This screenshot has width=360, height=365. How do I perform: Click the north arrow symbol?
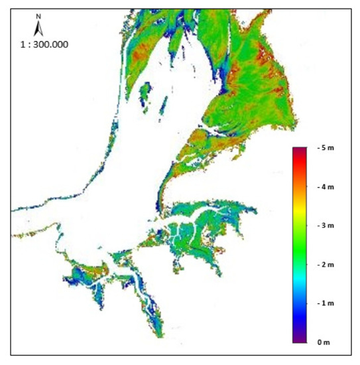(x=38, y=29)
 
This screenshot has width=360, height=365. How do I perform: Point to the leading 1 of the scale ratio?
(x=23, y=44)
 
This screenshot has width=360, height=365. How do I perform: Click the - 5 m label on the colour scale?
(x=326, y=147)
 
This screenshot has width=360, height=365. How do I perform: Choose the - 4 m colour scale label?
(x=326, y=186)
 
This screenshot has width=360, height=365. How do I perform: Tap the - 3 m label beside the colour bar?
(x=326, y=226)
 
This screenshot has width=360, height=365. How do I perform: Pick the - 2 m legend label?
(x=326, y=264)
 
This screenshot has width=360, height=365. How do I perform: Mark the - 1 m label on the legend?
(x=326, y=303)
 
